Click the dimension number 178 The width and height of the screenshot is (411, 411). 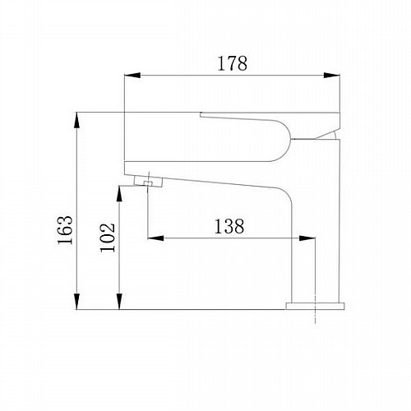232,63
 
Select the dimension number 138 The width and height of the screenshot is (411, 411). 229,227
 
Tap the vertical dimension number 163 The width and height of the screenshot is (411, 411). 65,230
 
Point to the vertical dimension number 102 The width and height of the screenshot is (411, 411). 108,238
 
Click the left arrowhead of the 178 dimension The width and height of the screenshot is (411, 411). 132,76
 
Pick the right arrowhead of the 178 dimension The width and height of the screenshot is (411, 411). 332,76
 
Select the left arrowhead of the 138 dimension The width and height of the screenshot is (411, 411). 155,238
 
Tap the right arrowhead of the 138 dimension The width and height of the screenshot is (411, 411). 307,238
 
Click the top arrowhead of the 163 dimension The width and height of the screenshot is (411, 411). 77,120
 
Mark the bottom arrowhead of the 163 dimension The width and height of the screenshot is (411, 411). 77,302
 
